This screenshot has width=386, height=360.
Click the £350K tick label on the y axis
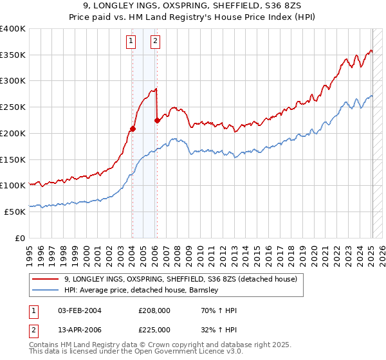(x=13, y=55)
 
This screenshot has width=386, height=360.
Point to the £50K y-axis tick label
(x=15, y=212)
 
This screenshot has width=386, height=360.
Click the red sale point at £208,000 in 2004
(x=133, y=129)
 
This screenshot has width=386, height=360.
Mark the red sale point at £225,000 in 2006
(x=157, y=120)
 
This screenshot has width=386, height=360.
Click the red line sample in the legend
(x=45, y=279)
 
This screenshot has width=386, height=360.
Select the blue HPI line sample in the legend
(x=45, y=290)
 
